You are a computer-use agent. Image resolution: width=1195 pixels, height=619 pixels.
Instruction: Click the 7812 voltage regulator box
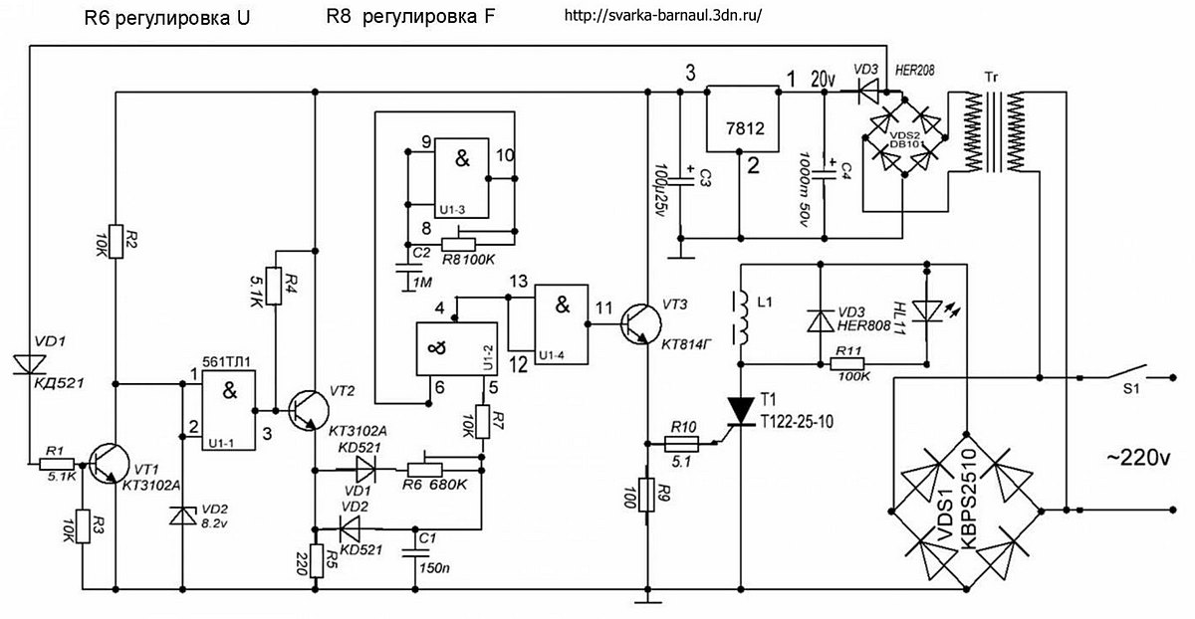(742, 118)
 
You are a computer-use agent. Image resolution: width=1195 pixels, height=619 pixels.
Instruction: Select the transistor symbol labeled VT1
(110, 465)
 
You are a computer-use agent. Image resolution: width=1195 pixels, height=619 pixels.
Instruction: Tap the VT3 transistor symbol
(640, 324)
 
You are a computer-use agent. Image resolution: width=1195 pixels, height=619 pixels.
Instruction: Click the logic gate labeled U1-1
(228, 410)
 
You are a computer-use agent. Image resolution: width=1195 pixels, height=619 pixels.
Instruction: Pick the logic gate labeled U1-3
(461, 178)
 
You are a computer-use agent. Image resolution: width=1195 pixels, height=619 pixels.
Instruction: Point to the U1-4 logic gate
(562, 324)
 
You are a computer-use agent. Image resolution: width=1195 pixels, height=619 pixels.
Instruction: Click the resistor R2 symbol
(116, 241)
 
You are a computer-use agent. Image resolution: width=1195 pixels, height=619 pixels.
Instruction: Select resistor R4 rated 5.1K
(274, 286)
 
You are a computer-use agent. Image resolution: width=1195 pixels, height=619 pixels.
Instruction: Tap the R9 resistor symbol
(646, 495)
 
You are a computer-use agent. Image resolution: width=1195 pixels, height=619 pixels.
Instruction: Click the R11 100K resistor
(847, 364)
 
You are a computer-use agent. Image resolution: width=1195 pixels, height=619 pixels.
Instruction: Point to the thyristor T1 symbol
(741, 412)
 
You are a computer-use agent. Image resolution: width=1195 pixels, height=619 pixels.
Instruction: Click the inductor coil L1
(742, 316)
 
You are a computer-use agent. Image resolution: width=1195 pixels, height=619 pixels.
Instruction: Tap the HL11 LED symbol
(927, 311)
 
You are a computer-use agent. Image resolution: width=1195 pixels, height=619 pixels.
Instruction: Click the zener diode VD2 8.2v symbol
(182, 516)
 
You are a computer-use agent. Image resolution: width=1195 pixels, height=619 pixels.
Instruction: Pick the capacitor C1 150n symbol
(416, 554)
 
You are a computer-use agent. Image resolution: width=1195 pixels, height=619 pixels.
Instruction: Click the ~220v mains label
(1138, 458)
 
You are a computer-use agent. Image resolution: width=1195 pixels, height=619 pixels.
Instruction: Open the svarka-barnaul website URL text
(662, 15)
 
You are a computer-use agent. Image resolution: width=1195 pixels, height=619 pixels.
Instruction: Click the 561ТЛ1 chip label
(226, 362)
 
